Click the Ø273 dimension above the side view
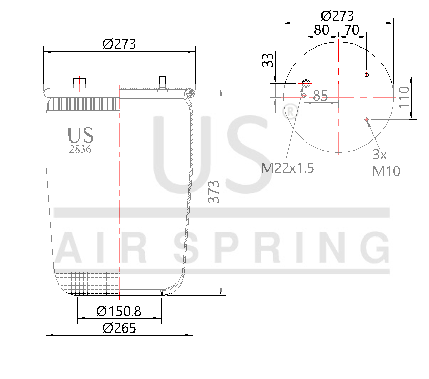pos(119,44)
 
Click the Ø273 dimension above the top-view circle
pos(337,15)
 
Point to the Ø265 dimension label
pos(119,328)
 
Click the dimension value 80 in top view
pos(321,30)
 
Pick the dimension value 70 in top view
pos(352,30)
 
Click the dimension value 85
pos(320,95)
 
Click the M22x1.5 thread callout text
pos(288,168)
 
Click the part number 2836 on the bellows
pos(80,149)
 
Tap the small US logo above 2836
pos(81,135)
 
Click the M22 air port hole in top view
pos(306,83)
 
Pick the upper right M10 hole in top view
pos(367,75)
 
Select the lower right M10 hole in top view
pos(367,119)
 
